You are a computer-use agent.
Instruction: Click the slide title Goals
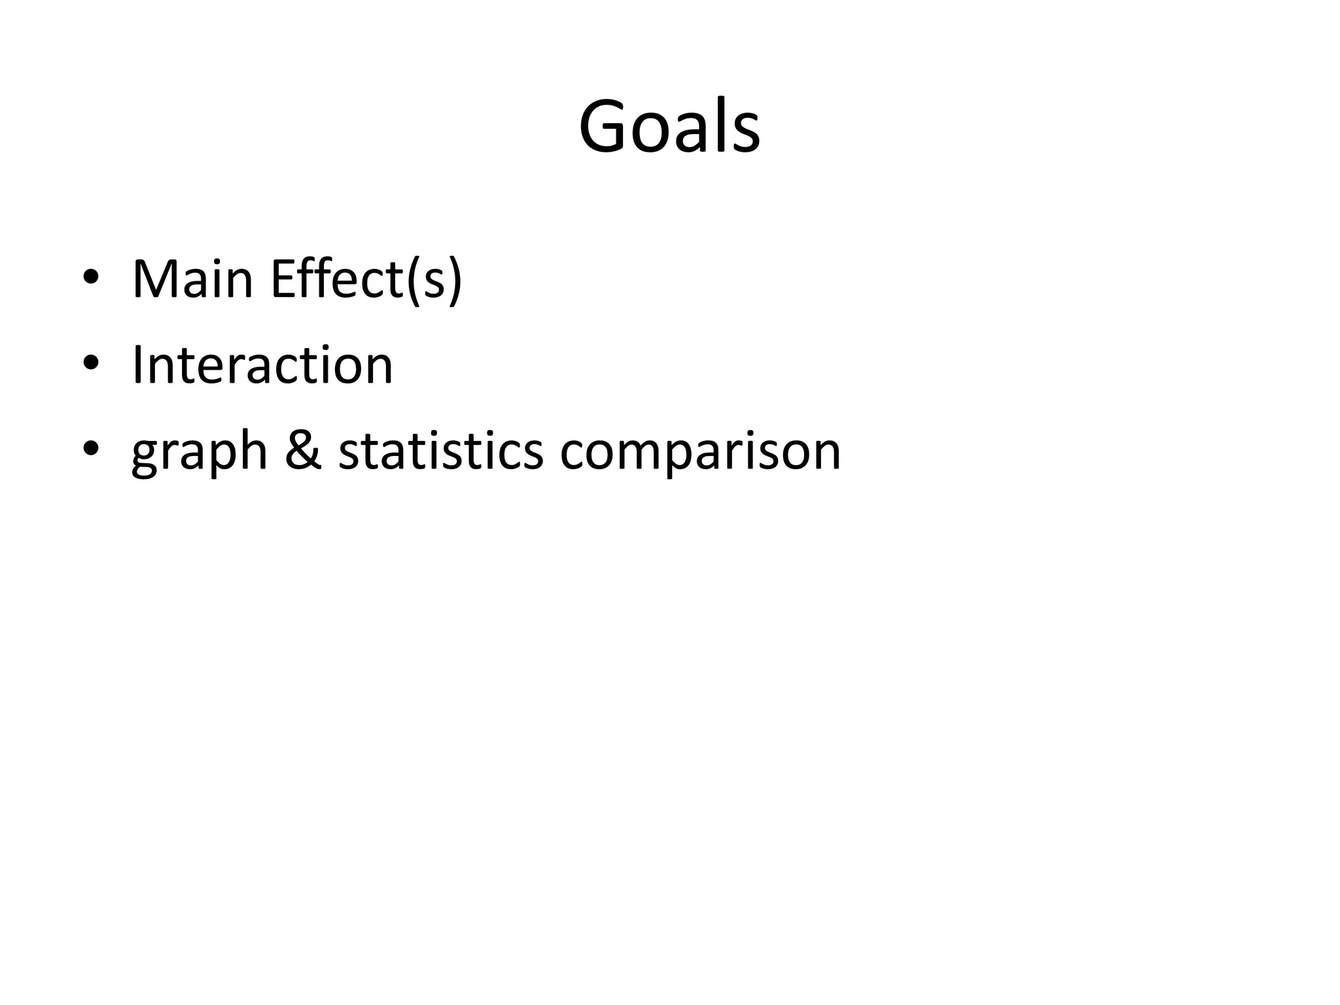[669, 126]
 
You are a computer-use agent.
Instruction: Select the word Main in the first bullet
[192, 279]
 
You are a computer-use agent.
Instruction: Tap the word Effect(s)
[366, 279]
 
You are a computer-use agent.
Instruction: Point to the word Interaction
[262, 364]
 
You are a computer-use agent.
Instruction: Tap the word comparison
[700, 451]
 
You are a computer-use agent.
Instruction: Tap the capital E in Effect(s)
[283, 279]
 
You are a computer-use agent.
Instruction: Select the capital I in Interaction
[137, 364]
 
